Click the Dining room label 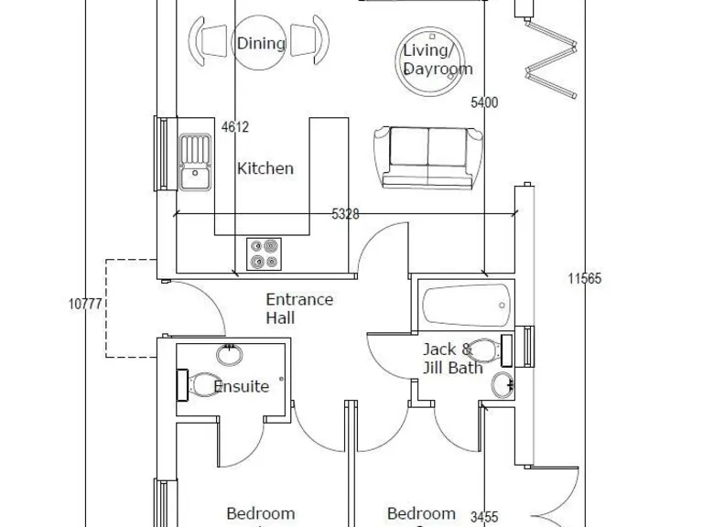click(261, 43)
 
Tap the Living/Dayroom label click(438, 59)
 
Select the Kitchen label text click(265, 168)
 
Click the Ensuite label click(242, 386)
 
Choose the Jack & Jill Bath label click(446, 359)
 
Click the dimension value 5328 click(345, 214)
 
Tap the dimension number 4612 click(235, 128)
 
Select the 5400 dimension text click(484, 103)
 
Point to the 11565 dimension click(584, 279)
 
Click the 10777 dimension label click(84, 305)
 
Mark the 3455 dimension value click(484, 518)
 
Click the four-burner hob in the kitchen click(264, 253)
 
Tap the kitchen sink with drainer click(194, 162)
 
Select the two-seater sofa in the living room click(428, 156)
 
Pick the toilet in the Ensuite click(200, 383)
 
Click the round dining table click(261, 42)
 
